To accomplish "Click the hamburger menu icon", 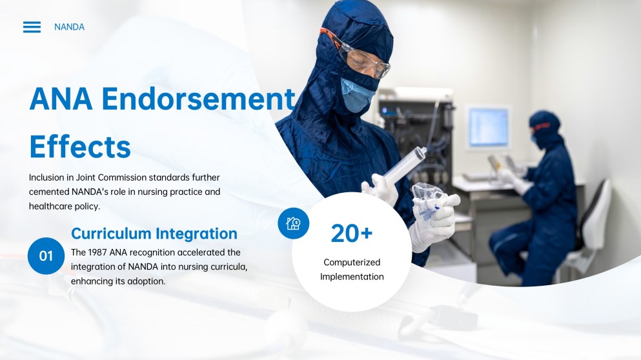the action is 32,27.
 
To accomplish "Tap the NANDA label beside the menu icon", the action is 70,27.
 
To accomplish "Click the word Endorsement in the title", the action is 198,99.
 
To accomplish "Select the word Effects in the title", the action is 80,146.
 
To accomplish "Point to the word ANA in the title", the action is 61,99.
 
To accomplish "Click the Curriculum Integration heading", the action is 154,234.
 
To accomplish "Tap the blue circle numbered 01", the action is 46,255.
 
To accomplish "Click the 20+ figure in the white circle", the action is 352,234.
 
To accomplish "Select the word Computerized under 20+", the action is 352,263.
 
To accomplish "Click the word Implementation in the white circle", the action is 352,277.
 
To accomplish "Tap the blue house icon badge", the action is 294,223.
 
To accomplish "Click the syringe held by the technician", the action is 403,166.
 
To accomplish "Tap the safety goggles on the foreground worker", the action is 360,55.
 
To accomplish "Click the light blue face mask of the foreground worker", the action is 357,95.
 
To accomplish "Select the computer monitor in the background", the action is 488,127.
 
